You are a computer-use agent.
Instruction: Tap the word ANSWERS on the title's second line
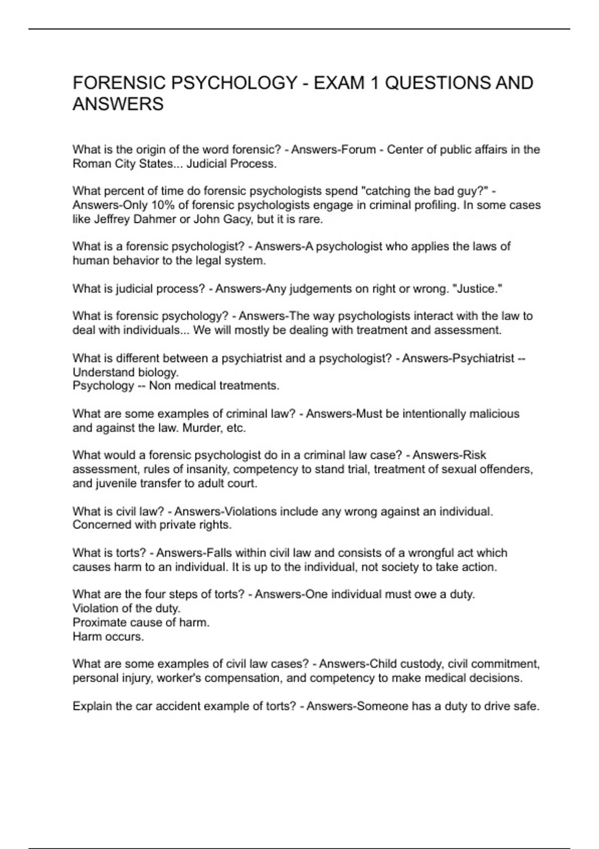click(x=118, y=104)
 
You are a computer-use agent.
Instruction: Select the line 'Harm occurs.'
click(x=108, y=637)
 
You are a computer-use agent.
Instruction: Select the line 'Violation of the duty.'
click(x=127, y=608)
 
